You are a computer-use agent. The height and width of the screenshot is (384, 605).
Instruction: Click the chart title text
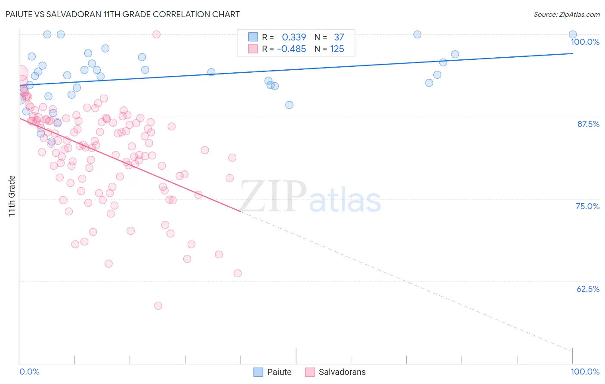tap(123, 14)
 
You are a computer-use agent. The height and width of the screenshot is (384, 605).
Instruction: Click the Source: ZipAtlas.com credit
tap(566, 14)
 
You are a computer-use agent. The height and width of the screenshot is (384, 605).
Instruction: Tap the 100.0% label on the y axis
tap(585, 42)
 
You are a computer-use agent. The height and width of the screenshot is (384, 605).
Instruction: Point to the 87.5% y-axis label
tap(588, 124)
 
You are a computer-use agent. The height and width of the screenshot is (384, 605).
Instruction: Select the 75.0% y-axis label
tap(587, 206)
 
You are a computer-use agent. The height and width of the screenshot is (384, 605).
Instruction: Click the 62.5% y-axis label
tap(588, 289)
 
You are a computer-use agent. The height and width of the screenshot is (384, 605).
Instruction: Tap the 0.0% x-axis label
tap(29, 372)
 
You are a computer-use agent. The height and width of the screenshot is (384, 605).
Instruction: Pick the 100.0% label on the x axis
tap(585, 372)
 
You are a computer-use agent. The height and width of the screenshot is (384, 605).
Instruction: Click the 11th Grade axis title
tap(12, 196)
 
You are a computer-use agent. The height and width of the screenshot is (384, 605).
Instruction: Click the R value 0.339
tap(294, 37)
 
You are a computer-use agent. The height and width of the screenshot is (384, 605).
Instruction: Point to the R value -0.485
tap(291, 49)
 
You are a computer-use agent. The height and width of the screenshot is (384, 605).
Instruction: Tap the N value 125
tap(337, 49)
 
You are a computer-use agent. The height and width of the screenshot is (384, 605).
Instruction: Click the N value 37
tap(339, 37)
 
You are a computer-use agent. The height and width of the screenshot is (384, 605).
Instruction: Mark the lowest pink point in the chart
tap(158, 306)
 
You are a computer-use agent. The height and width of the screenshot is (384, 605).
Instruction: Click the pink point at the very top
tap(157, 34)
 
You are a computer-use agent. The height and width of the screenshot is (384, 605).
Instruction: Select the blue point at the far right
tap(573, 34)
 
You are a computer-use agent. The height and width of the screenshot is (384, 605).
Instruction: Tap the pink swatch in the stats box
tap(253, 49)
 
